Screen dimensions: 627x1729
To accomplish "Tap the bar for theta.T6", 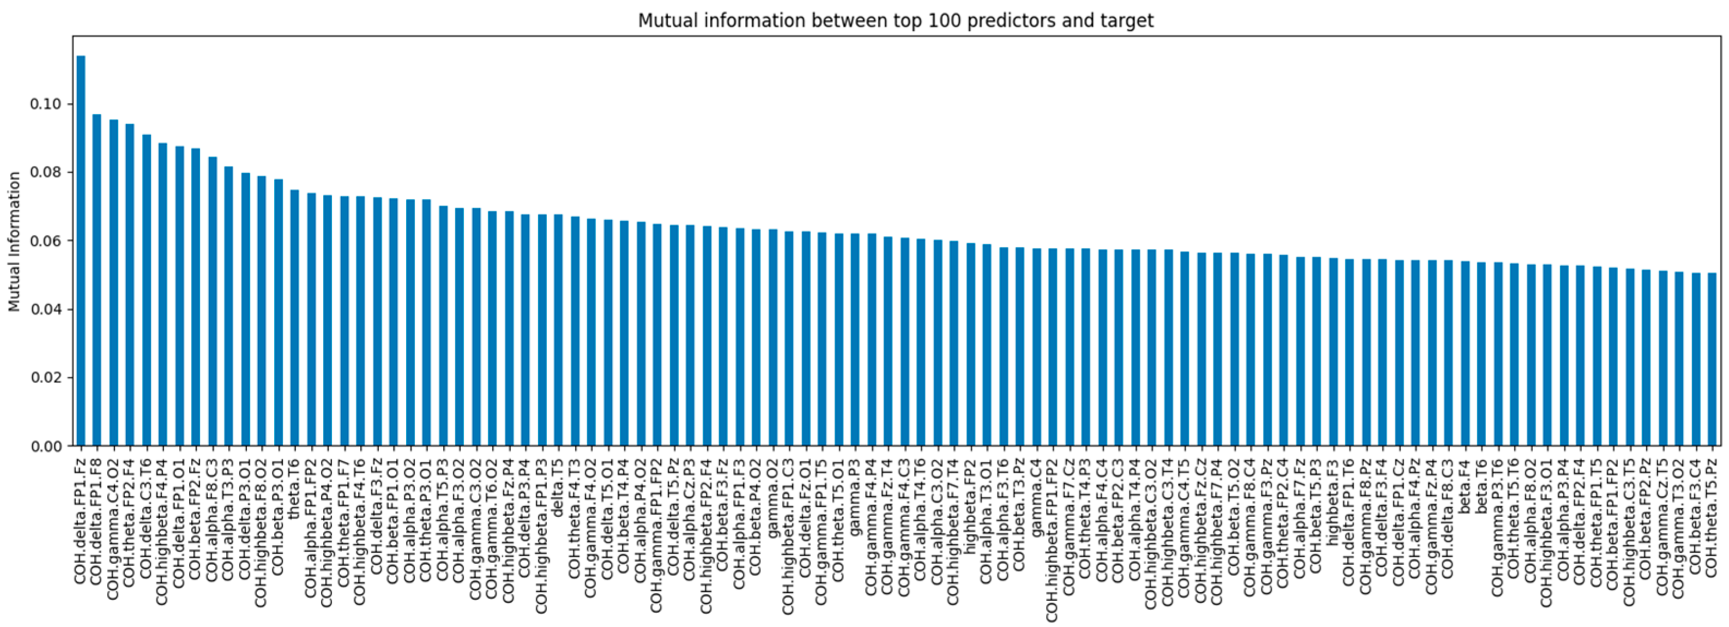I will pos(295,322).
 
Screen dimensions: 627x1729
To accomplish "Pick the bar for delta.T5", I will pos(558,336).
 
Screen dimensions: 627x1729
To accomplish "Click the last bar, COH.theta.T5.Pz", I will pos(1712,363).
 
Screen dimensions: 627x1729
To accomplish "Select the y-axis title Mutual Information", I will pos(14,242).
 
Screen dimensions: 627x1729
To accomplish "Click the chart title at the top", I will pos(896,20).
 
